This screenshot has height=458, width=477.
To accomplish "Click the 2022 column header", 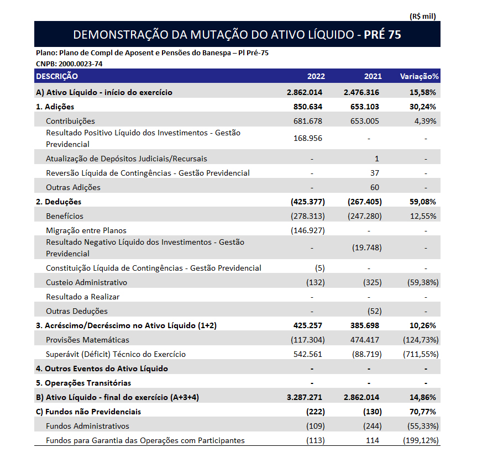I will point(316,76).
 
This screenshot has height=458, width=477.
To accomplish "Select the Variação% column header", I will point(419,76).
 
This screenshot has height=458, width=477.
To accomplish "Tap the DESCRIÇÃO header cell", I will point(56,76).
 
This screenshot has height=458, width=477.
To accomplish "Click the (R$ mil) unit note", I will point(423,16).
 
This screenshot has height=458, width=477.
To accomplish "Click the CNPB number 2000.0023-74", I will point(79,64).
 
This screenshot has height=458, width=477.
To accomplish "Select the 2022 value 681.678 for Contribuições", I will point(308,121).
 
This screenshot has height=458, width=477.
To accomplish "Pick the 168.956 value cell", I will point(308,138).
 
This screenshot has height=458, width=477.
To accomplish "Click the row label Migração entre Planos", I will point(86,230).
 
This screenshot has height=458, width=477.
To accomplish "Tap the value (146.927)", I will point(308,230).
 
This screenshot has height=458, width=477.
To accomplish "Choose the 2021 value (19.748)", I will point(366,248).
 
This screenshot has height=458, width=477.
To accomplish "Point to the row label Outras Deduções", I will point(77,311).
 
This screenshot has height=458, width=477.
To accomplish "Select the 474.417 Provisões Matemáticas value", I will point(366,340).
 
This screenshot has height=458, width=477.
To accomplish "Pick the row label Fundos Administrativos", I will point(87,426).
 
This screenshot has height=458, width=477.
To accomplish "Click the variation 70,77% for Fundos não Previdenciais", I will point(422,412).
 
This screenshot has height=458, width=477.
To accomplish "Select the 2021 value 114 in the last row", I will point(375,440).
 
